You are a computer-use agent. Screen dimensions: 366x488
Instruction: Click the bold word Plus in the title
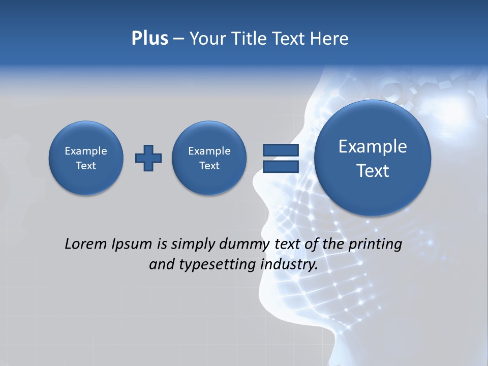coord(149,39)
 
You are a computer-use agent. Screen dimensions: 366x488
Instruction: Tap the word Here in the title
coord(330,39)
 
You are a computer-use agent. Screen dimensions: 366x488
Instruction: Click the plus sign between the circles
coord(148,158)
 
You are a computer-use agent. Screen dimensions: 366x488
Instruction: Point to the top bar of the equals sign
coord(281,150)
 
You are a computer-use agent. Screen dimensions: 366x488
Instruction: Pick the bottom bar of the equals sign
coord(281,166)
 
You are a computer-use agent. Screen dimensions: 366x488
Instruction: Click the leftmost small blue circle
coord(86,158)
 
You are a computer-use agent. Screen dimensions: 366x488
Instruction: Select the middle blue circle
coord(209,158)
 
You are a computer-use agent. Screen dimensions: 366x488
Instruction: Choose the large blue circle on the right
coord(373,158)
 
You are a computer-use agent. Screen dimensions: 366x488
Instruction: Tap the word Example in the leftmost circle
coord(86,151)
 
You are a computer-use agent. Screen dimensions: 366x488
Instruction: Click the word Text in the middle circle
coord(209,166)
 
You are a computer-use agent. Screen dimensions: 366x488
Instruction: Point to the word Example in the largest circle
coord(373,146)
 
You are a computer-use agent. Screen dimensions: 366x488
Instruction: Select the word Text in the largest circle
coord(373,171)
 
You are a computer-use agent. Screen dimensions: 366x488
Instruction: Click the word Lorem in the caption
coord(84,244)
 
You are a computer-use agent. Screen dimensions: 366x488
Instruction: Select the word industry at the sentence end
coord(289,265)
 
